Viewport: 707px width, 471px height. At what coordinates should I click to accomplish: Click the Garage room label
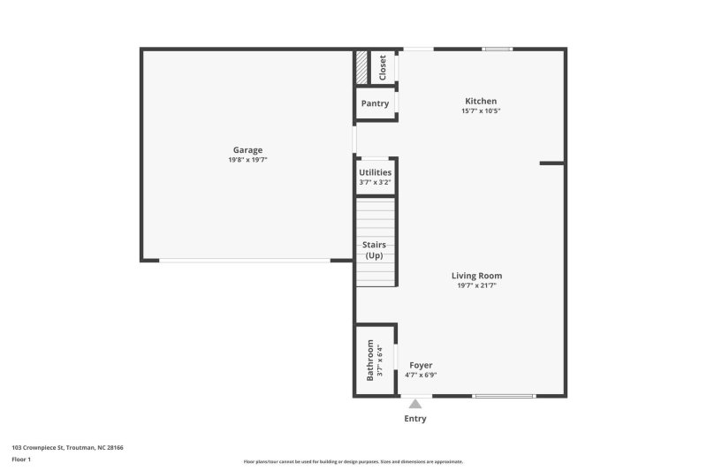(x=247, y=150)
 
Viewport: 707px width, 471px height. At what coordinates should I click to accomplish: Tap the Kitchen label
(x=481, y=102)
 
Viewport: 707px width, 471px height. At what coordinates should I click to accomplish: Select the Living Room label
(x=480, y=276)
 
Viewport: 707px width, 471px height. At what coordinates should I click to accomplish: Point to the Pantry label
(x=375, y=103)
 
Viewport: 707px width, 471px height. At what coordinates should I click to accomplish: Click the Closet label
(x=383, y=67)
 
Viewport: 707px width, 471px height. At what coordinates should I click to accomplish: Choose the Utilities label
(x=375, y=172)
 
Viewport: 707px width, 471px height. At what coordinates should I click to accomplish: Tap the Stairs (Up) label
(x=375, y=249)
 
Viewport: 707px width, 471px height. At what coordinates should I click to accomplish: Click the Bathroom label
(x=370, y=361)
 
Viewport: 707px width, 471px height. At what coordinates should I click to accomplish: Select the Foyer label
(x=421, y=365)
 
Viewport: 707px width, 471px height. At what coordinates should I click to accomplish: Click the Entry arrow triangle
(x=415, y=404)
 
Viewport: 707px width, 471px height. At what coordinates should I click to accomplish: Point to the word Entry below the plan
(x=415, y=419)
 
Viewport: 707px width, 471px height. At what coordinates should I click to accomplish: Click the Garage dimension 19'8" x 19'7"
(x=247, y=160)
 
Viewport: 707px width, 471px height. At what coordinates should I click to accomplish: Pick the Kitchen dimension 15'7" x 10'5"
(x=481, y=111)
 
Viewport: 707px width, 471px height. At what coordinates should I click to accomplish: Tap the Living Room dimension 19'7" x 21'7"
(x=480, y=285)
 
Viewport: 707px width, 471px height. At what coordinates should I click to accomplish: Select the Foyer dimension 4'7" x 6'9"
(x=421, y=375)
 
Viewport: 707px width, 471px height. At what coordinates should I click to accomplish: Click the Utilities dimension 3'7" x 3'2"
(x=375, y=182)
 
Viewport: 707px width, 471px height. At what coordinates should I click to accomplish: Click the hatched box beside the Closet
(x=361, y=67)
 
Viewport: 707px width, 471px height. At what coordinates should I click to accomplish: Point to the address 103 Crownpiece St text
(x=67, y=448)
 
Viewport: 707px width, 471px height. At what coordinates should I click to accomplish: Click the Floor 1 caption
(x=21, y=460)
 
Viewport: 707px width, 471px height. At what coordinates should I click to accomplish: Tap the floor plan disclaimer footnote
(x=353, y=461)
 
